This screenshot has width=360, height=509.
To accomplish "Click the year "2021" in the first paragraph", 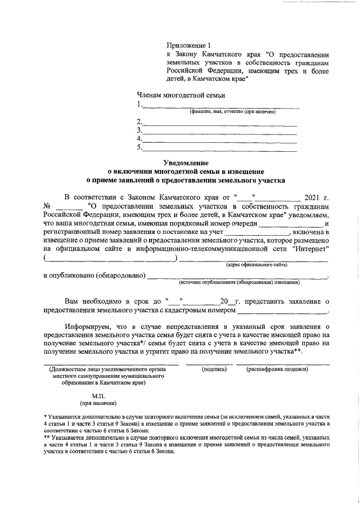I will pyautogui.click(x=312, y=197).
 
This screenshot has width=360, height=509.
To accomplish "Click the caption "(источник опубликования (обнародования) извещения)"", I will pyautogui.click(x=239, y=282).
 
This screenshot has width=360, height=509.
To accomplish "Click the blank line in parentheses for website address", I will pyautogui.click(x=110, y=258).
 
